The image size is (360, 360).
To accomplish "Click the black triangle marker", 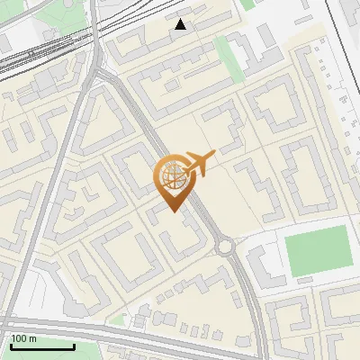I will click(181, 24).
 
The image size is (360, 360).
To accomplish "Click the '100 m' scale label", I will click(24, 338).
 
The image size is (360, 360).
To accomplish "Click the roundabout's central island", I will click(224, 247).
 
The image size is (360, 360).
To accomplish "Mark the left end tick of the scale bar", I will click(12, 346).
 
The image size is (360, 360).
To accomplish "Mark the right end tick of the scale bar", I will click(73, 346).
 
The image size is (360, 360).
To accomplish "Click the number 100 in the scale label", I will click(21, 338).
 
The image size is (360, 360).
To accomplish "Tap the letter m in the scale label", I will click(33, 338).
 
